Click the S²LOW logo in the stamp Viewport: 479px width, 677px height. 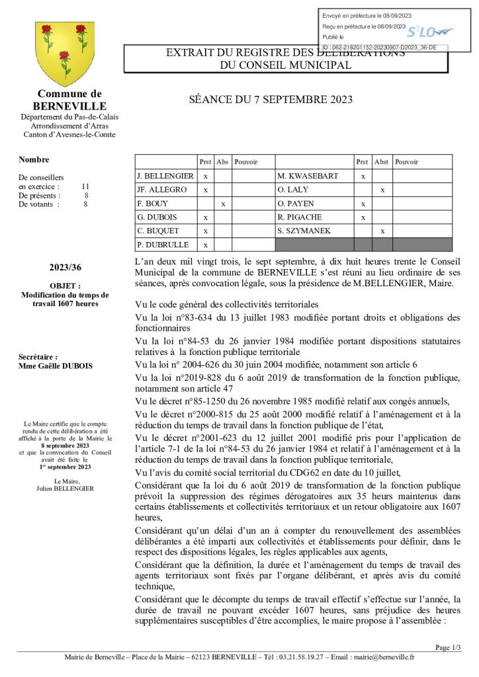tap(429, 31)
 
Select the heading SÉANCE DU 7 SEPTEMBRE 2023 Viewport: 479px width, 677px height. tap(271, 100)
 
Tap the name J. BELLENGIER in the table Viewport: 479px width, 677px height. tap(165, 177)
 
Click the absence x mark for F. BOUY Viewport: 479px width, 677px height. tap(224, 204)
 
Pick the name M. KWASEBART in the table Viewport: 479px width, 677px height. tap(308, 177)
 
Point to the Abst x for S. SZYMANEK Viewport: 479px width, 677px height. tap(382, 231)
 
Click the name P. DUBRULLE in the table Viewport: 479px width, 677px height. tap(163, 245)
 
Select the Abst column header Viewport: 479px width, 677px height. tap(382, 162)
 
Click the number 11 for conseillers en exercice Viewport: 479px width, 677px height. tap(85, 186)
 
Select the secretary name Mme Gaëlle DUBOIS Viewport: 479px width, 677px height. tap(46, 366)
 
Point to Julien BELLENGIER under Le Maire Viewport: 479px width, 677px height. tap(65, 489)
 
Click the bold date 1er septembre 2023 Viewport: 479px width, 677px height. tap(65, 467)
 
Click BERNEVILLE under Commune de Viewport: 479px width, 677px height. tap(69, 106)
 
